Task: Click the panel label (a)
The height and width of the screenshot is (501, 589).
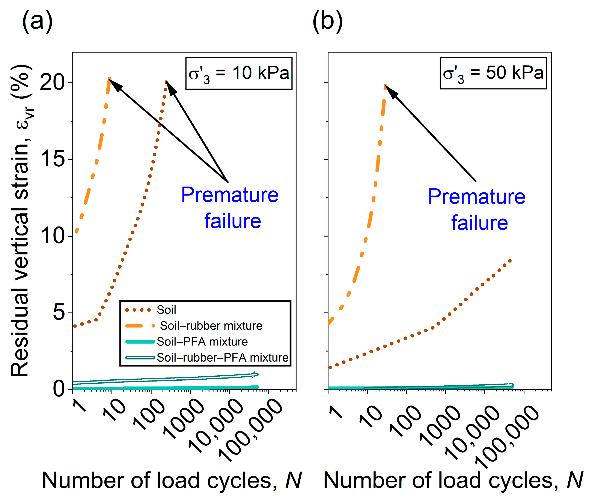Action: click(37, 21)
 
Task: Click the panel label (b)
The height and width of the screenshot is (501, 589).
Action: click(327, 21)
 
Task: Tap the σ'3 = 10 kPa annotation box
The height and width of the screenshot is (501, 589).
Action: click(239, 74)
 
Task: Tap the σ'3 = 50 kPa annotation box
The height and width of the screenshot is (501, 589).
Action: click(493, 73)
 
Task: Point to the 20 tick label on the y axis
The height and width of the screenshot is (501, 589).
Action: click(53, 83)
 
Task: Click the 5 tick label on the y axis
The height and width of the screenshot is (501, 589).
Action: click(59, 312)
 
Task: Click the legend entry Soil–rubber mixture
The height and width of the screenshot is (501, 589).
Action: click(211, 326)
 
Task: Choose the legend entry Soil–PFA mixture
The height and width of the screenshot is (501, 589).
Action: click(202, 342)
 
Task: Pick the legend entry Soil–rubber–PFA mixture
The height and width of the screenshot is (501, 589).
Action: click(222, 358)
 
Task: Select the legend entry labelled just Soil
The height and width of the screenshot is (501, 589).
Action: click(166, 310)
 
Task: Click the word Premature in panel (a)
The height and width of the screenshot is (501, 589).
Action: click(230, 195)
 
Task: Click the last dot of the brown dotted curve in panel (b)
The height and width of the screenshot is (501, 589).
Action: click(510, 261)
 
